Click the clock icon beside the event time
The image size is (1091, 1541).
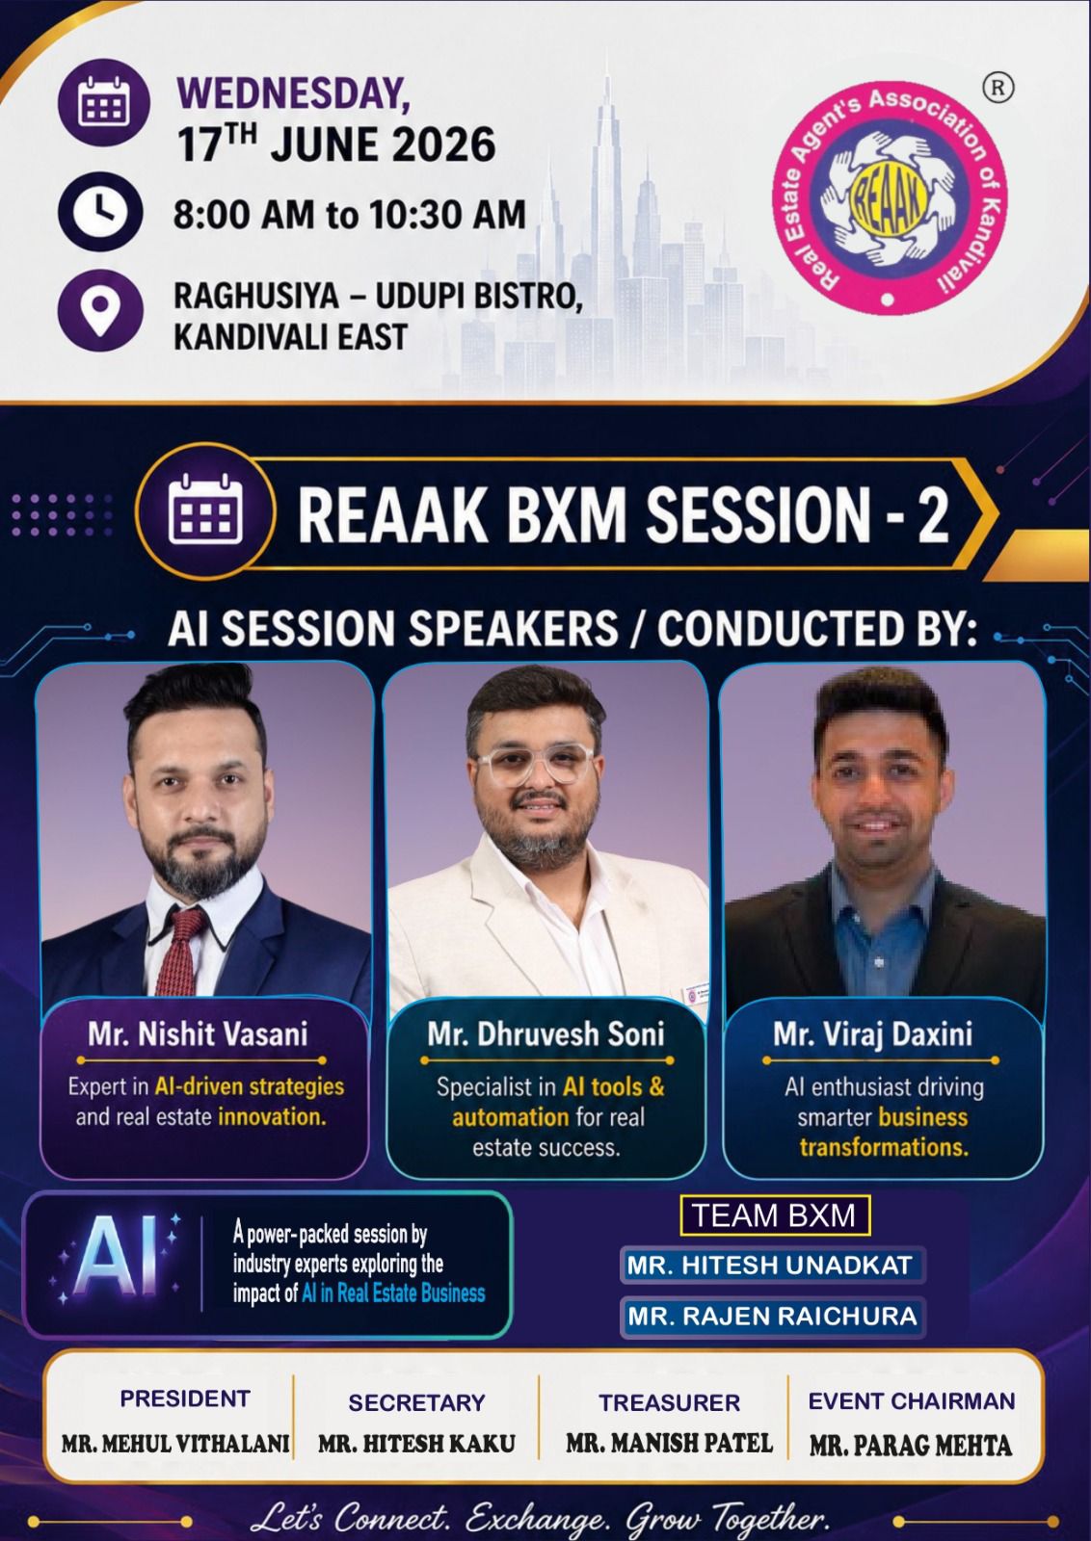coord(101,210)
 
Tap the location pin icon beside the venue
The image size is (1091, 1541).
coord(100,308)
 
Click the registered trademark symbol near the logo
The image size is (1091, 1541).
coord(998,89)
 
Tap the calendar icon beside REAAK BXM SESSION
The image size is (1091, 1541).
coord(205,510)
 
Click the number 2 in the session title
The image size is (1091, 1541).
coord(932,514)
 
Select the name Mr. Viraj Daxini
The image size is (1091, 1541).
coord(873,1033)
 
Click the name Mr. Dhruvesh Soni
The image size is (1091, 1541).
coord(545,1033)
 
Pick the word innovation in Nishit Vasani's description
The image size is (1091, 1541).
coord(272,1116)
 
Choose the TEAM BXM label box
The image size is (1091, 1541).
coord(774,1215)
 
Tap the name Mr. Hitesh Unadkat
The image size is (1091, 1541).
coord(769,1265)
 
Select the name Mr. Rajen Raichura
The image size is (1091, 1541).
coord(772,1316)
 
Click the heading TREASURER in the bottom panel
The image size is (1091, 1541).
coord(669,1402)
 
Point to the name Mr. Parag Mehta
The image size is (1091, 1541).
coord(911,1446)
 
